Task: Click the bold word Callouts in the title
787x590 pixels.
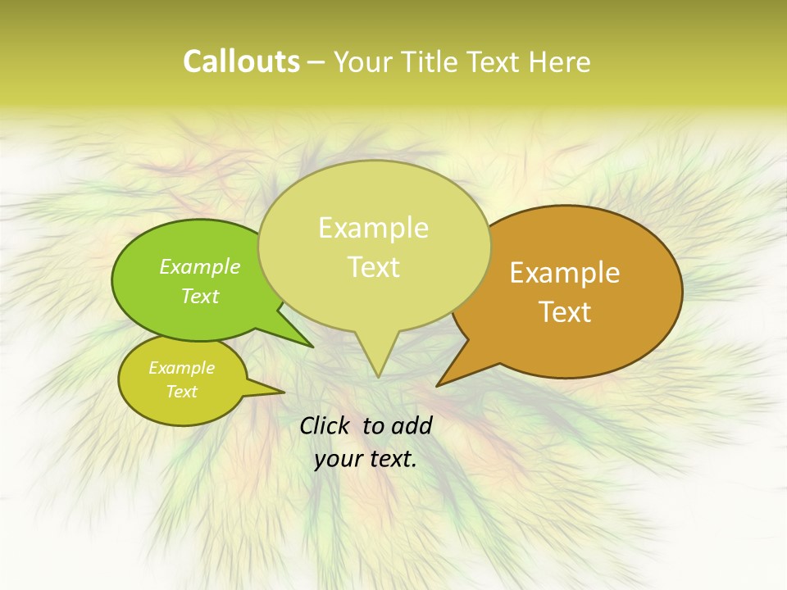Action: pos(241,61)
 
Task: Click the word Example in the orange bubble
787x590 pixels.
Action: pos(565,273)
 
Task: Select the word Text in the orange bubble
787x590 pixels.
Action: pos(566,312)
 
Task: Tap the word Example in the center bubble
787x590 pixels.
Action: pos(373,228)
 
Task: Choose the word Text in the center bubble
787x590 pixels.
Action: pos(374,267)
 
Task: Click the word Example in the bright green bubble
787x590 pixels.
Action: pos(200,266)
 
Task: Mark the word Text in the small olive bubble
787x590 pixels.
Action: pos(182,392)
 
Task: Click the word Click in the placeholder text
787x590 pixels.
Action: pos(325,425)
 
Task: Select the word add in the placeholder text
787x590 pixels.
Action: pos(412,425)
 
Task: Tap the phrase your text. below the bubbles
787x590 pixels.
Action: pos(366,459)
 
